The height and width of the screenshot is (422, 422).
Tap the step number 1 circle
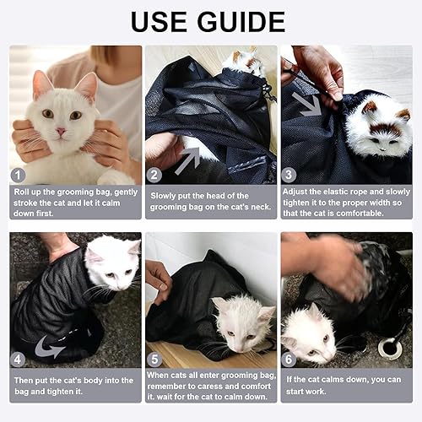(19, 176)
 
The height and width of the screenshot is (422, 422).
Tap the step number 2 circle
(154, 176)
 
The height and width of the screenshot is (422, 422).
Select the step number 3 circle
(289, 176)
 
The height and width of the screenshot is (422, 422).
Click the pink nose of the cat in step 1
(61, 132)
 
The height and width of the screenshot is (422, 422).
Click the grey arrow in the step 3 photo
(306, 103)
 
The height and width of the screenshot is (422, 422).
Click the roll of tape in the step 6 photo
(390, 346)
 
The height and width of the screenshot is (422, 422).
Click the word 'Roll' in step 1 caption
(24, 192)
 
